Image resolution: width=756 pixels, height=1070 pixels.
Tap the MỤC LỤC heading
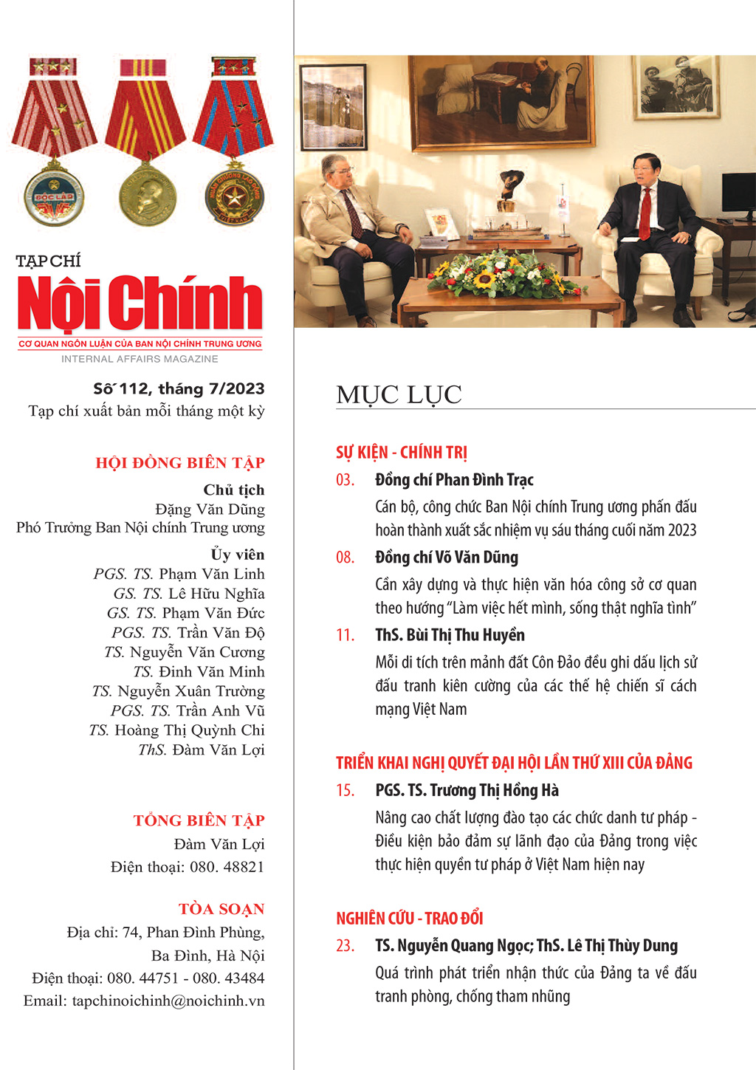click(399, 395)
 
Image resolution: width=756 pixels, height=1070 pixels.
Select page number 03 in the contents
click(345, 480)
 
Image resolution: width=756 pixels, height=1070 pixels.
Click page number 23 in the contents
click(345, 946)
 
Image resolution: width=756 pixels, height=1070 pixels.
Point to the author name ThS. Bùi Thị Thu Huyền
click(450, 635)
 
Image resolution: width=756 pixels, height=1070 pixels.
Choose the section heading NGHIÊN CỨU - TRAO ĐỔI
click(409, 919)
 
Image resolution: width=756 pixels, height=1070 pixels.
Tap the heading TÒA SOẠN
click(221, 909)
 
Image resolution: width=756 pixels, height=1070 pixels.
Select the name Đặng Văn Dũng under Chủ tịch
click(210, 510)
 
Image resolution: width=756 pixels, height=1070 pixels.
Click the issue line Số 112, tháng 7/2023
click(179, 389)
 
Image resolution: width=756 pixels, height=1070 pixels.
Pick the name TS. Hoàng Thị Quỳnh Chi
click(176, 730)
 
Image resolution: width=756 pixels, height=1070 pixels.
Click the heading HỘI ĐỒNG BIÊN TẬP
click(179, 463)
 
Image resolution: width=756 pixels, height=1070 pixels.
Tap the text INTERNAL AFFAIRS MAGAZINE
click(140, 359)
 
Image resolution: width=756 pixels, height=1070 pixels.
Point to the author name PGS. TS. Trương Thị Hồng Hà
click(467, 791)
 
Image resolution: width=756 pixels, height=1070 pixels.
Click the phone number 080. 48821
click(227, 867)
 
